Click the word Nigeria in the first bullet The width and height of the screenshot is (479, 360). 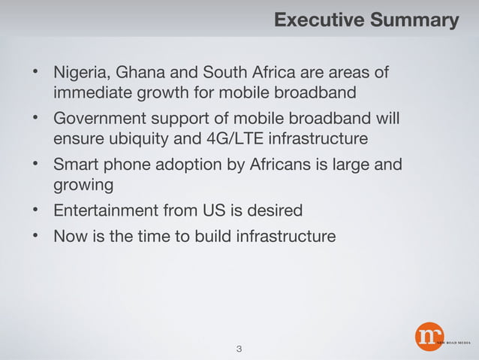pyautogui.click(x=78, y=74)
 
